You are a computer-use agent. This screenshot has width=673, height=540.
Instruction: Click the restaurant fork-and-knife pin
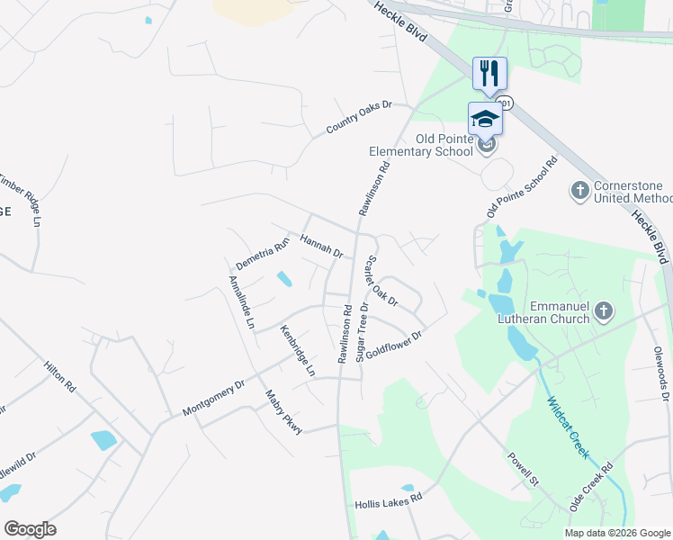point(489,74)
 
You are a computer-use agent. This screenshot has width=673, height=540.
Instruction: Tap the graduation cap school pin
point(485,119)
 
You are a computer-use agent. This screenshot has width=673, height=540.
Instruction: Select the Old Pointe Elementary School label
point(420,145)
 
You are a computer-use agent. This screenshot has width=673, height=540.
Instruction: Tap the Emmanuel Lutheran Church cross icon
point(603,311)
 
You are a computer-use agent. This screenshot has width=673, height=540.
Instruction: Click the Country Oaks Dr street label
point(360,118)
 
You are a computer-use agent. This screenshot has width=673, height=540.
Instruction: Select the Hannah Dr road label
point(321,246)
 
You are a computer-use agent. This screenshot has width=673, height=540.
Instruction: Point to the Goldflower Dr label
point(393,345)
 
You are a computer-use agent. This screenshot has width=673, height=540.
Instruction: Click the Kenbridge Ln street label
point(298,350)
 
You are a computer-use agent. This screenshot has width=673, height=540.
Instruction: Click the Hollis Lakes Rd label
point(389,499)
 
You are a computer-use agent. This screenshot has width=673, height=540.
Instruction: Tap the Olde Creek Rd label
point(591,487)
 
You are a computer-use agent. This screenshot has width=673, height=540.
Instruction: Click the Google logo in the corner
point(30,528)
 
